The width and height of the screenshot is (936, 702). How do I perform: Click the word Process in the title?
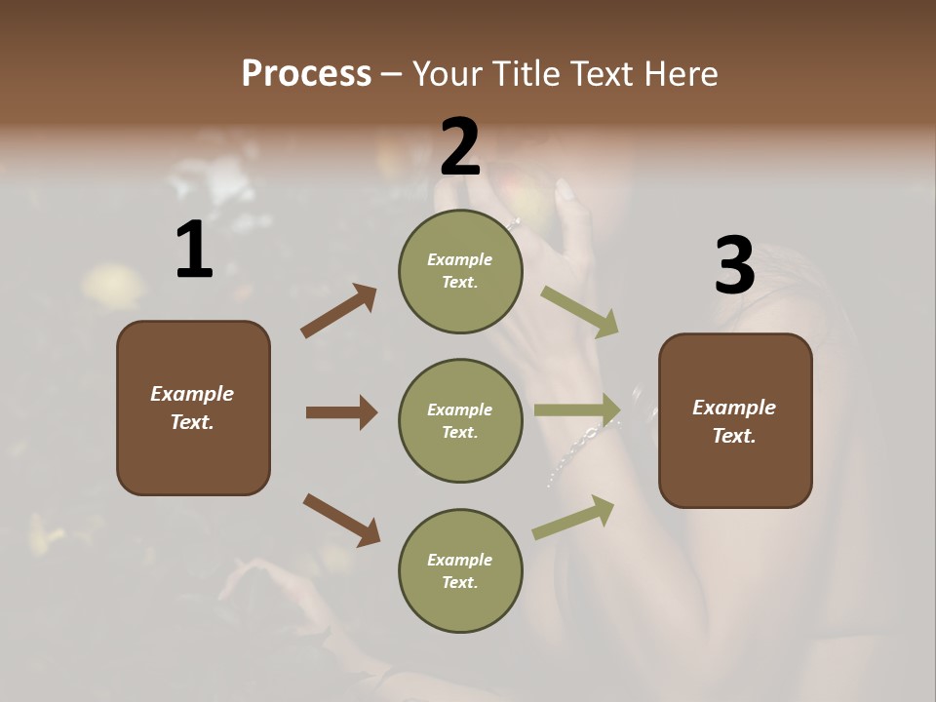point(306,74)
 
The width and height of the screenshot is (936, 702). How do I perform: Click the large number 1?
point(194,251)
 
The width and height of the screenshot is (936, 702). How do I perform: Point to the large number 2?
point(460,147)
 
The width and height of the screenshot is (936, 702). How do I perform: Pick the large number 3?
point(734,266)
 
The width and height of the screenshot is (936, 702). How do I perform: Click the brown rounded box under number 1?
point(193,408)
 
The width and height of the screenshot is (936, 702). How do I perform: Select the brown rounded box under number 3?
point(735,421)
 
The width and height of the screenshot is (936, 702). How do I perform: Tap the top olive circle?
point(460,271)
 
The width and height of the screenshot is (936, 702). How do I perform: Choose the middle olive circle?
point(460,421)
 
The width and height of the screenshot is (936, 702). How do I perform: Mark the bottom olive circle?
point(460,571)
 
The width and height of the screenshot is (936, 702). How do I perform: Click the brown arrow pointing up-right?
point(339,311)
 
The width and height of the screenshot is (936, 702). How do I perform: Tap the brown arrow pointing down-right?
point(341,520)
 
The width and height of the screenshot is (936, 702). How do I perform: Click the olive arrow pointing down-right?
point(580,312)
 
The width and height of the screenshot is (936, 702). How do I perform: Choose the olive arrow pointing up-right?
point(573,518)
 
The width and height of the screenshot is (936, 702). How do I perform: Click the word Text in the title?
point(599,74)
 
